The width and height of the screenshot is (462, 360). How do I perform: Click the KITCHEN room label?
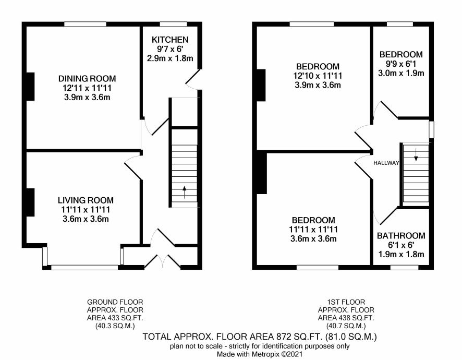click(x=170, y=40)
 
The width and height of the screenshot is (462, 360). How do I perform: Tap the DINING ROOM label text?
click(x=87, y=78)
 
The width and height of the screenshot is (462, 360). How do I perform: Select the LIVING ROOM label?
click(x=86, y=200)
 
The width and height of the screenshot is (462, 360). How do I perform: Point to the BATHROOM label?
click(x=401, y=236)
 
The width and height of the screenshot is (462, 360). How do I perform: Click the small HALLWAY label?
click(x=386, y=163)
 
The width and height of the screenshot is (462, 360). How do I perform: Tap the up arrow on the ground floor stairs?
click(x=185, y=192)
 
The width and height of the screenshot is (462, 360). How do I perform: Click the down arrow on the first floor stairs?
click(x=416, y=154)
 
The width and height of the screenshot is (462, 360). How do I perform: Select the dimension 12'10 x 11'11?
click(x=318, y=76)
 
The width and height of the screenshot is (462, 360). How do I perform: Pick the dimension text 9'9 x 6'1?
click(x=401, y=64)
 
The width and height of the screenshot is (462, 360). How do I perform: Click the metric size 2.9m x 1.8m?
click(x=170, y=58)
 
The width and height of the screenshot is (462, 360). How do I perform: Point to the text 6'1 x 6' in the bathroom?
click(x=401, y=245)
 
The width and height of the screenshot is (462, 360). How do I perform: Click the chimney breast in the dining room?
click(x=30, y=86)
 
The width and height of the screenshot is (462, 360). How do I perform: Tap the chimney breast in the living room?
click(x=30, y=202)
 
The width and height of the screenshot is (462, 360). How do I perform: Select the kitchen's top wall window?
click(x=173, y=24)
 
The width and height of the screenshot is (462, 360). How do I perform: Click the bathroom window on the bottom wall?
click(x=404, y=268)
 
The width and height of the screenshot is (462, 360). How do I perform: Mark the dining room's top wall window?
click(x=85, y=24)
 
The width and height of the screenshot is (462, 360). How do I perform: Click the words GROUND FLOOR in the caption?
click(x=115, y=302)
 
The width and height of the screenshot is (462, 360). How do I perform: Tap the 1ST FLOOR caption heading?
click(x=346, y=302)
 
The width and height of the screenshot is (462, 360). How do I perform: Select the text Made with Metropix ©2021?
click(x=260, y=354)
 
